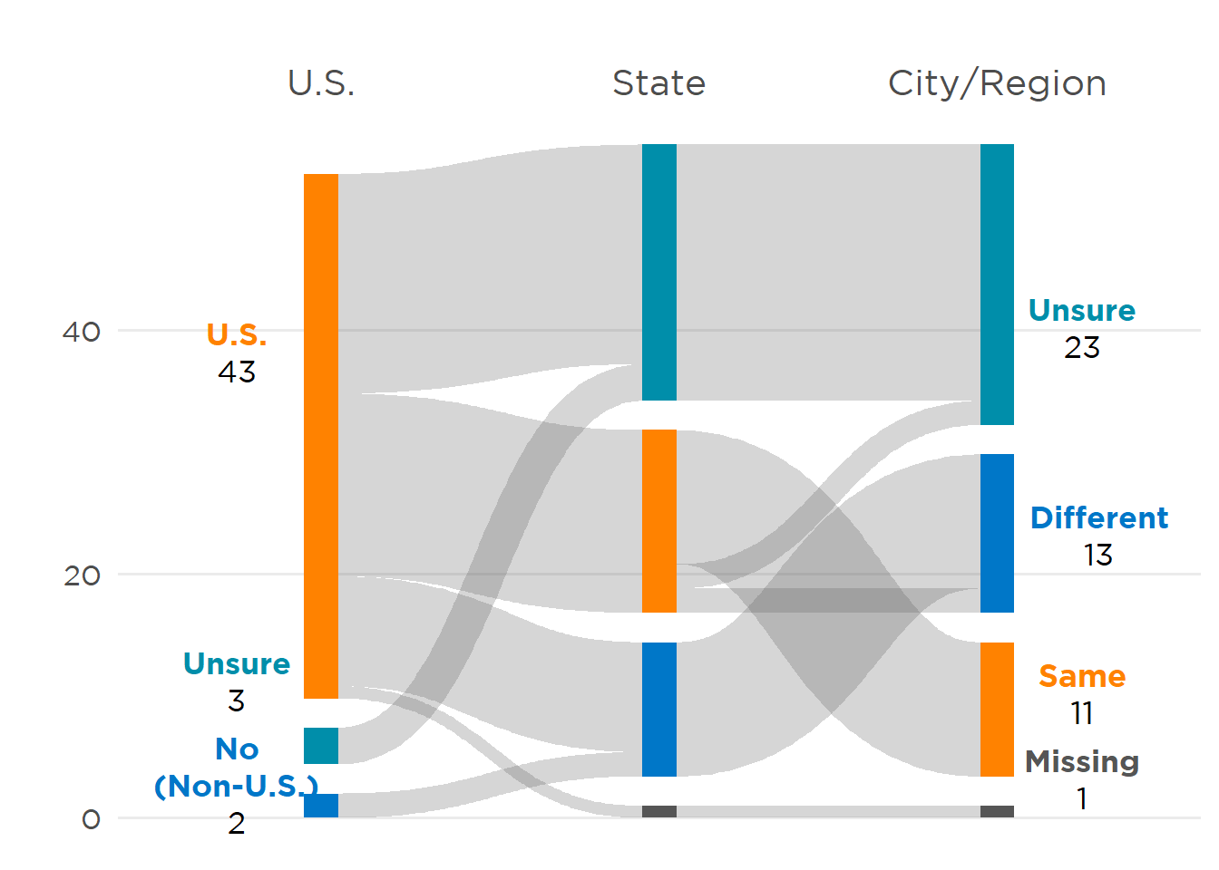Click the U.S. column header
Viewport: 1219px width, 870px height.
[x=321, y=83]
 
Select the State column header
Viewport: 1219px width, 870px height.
[x=658, y=83]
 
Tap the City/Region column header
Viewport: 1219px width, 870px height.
[x=997, y=83]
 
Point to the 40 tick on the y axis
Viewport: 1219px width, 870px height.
[x=82, y=332]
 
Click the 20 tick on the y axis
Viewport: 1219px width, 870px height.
[x=82, y=575]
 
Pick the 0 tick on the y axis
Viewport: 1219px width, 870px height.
[x=91, y=820]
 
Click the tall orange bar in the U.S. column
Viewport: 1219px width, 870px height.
[x=321, y=435]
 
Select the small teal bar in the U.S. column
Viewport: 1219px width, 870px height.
[x=321, y=746]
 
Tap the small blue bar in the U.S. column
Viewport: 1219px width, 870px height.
[x=321, y=806]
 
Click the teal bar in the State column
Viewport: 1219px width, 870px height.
[x=659, y=272]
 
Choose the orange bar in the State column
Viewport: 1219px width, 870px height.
[x=659, y=521]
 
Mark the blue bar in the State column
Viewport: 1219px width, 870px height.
[x=659, y=710]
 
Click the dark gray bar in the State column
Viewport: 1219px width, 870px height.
[x=659, y=812]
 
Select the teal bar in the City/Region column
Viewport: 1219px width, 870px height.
[x=997, y=284]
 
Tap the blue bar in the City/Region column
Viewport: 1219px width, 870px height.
[x=997, y=533]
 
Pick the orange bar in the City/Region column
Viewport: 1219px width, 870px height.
[x=997, y=710]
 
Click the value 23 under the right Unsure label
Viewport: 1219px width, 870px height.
[x=1082, y=348]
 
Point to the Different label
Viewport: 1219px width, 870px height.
[x=1099, y=518]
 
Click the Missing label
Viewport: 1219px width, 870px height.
[x=1082, y=762]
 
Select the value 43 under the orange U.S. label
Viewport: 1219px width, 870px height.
[x=237, y=372]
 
